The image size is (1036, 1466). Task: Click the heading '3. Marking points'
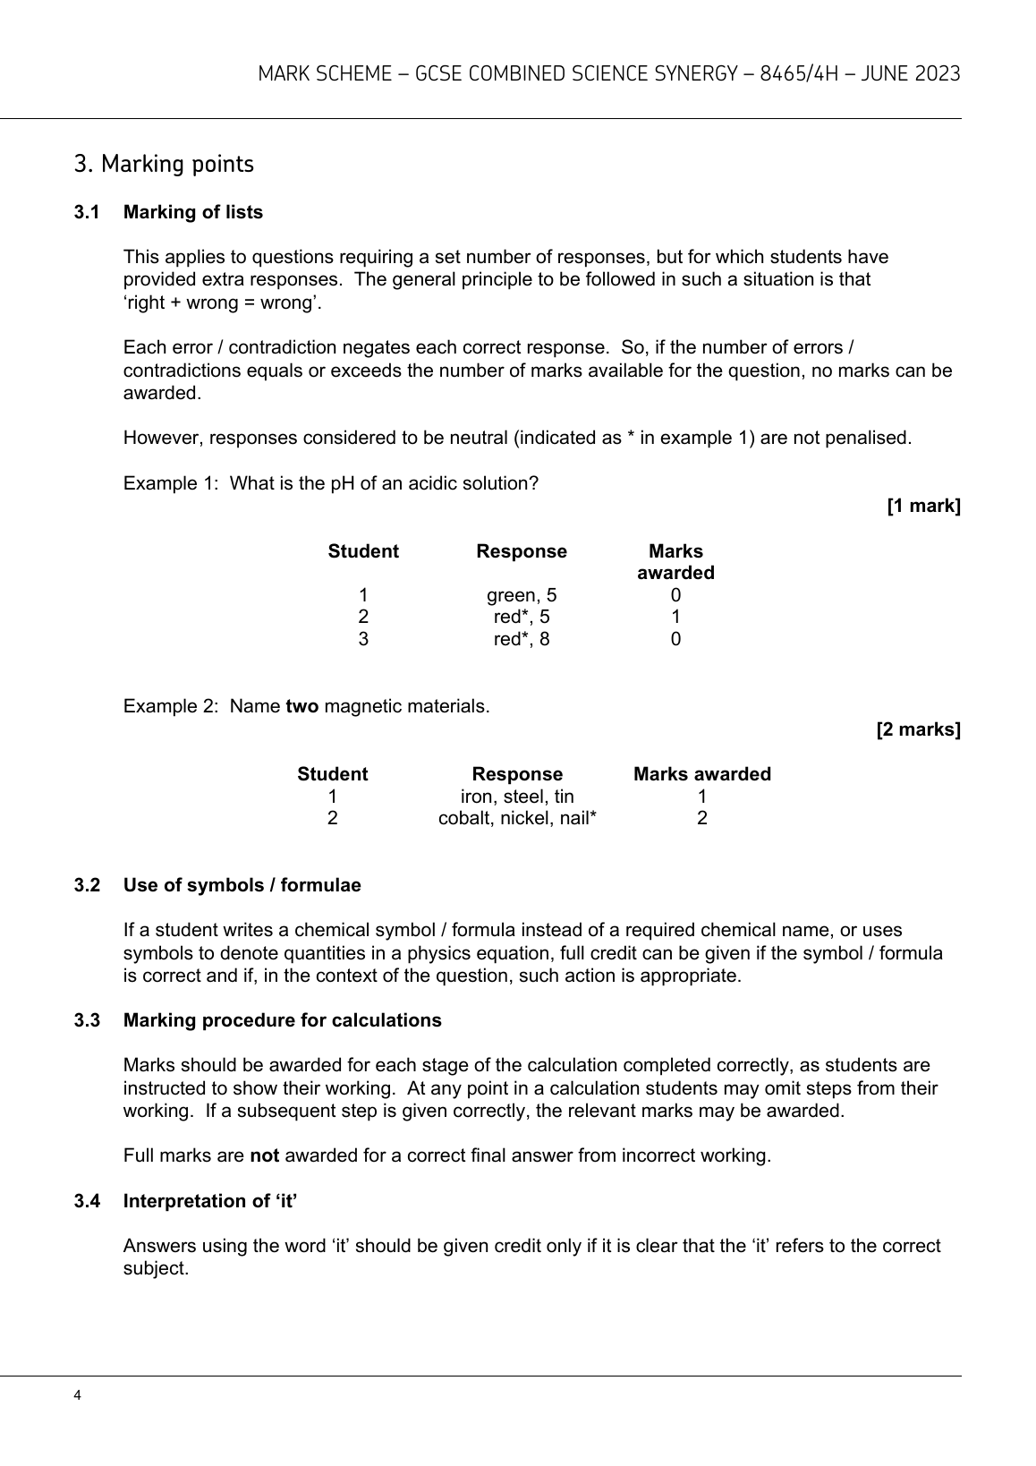(164, 165)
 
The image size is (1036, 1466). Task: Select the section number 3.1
(86, 212)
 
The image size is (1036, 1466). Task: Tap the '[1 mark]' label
(923, 506)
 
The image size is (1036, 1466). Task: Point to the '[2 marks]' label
(918, 729)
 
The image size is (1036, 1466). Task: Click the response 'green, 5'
(522, 595)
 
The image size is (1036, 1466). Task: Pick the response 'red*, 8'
(522, 639)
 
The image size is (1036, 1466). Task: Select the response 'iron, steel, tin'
(517, 797)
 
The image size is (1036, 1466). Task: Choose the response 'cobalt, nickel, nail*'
(517, 818)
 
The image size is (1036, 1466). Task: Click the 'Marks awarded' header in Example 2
(701, 774)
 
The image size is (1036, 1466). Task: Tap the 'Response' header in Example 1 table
(522, 551)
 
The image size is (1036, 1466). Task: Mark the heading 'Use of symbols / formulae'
(242, 885)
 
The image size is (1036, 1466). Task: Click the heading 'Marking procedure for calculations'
(282, 1020)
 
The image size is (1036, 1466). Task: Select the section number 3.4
(86, 1201)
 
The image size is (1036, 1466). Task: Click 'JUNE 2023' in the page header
(911, 73)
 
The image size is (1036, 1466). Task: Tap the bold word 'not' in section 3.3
(264, 1155)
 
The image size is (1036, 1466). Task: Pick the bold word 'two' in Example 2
(301, 706)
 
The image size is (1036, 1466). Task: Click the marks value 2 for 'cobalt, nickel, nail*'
(701, 818)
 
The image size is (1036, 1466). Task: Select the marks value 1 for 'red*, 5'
(675, 617)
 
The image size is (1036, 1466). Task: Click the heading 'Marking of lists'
(192, 212)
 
